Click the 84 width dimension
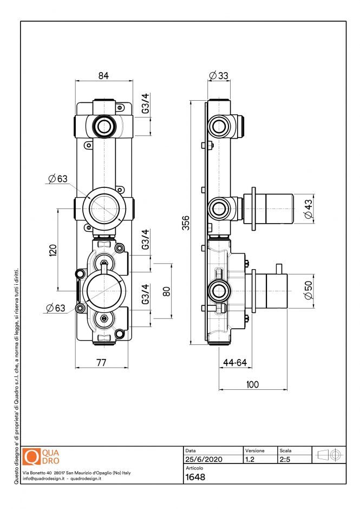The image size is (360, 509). pos(103,76)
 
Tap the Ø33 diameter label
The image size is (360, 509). pos(218,76)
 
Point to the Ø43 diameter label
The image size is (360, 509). pos(309,208)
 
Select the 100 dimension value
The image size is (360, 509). pos(252,384)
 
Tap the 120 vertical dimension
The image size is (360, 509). pos(53,250)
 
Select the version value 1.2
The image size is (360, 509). pos(250,459)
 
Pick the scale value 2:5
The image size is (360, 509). pos(285,459)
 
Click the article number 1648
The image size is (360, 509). pos(195,477)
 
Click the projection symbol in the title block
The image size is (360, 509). pos(329,455)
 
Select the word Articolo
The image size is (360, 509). pos(194,468)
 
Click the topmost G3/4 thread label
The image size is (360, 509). pos(145,104)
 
